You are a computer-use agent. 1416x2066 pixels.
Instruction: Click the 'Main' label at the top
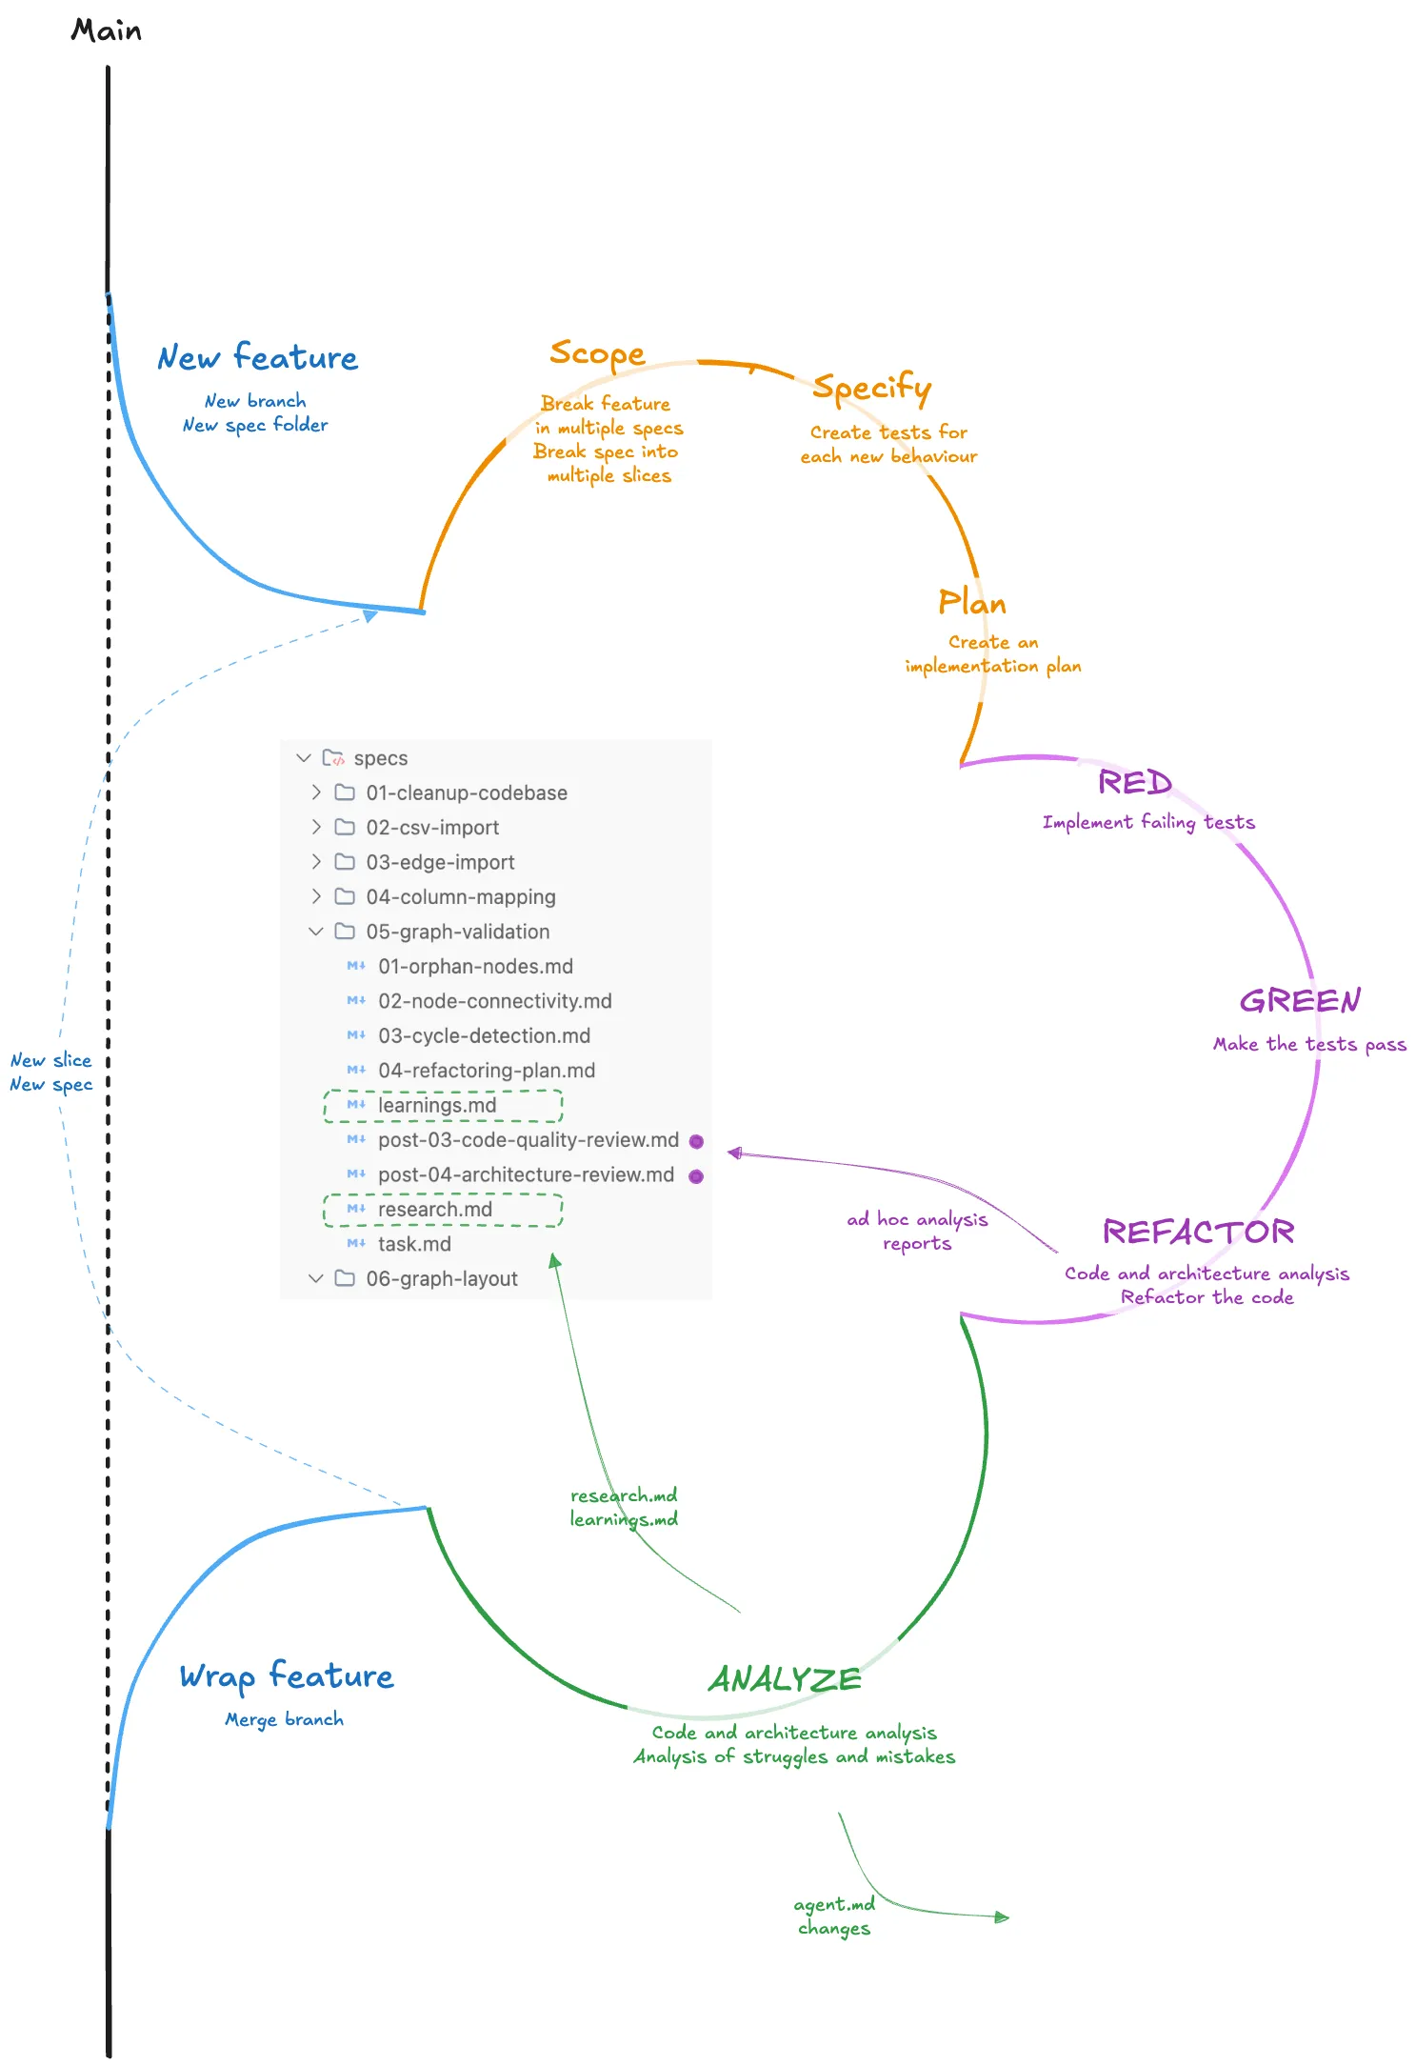point(106,31)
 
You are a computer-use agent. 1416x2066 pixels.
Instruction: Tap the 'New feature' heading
point(257,357)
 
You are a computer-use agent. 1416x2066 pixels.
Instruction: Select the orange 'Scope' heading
point(597,353)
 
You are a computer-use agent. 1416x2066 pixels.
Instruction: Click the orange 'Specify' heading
point(871,388)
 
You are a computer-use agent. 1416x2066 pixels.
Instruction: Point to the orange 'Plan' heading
point(971,603)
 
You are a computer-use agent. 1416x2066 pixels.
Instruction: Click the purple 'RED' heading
point(1134,783)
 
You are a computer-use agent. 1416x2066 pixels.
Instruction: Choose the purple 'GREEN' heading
point(1300,1001)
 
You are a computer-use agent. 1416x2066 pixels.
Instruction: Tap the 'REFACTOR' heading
point(1198,1233)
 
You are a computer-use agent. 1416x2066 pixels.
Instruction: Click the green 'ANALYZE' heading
point(785,1679)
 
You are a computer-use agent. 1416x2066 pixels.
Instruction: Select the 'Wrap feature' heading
point(286,1675)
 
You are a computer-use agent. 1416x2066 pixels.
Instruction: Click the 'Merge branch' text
point(284,1719)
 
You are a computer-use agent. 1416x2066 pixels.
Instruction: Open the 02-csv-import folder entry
point(432,828)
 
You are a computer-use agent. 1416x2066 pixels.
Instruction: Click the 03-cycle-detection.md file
point(484,1035)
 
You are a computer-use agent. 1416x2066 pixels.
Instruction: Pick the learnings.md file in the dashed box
point(437,1105)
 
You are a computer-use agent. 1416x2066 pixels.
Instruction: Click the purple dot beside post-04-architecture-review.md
point(696,1176)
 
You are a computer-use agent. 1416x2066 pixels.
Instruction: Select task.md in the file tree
point(414,1244)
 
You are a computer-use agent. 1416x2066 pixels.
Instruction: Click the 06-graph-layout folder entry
point(442,1279)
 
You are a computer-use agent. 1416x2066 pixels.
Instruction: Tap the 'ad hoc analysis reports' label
point(917,1231)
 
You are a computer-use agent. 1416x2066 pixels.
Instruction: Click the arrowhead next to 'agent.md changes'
point(1002,1916)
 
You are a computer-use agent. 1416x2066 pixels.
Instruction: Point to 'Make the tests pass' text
point(1309,1045)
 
